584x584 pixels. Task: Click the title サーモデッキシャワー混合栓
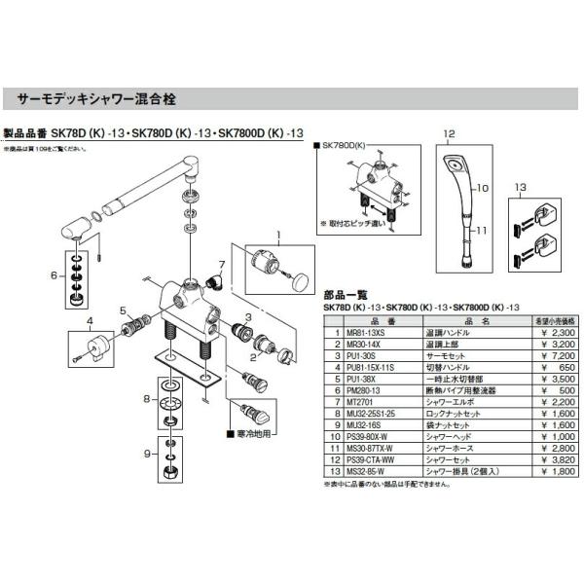point(93,99)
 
